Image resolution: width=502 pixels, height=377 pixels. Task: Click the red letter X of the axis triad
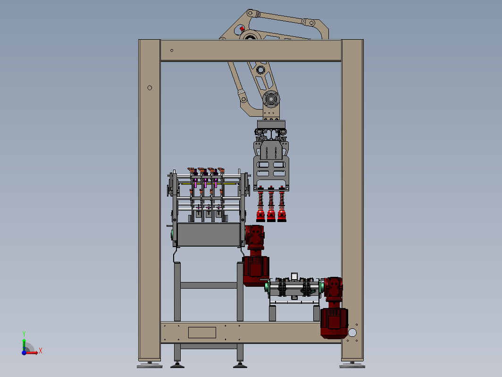coord(41,351)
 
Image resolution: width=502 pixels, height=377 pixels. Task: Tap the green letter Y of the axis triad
coord(24,334)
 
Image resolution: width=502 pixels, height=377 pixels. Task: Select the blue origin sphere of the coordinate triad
coord(24,352)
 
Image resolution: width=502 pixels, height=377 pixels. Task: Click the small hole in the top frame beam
coord(172,51)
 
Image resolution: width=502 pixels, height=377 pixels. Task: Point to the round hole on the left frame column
coord(150,88)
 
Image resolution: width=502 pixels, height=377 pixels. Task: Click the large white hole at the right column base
coord(352,333)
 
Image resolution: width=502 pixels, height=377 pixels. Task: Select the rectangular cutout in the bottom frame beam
coord(202,333)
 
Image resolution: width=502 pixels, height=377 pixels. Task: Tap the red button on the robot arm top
coord(242,29)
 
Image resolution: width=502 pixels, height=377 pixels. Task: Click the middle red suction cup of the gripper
coord(271,215)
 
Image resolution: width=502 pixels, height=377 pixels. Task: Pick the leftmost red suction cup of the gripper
coord(260,215)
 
